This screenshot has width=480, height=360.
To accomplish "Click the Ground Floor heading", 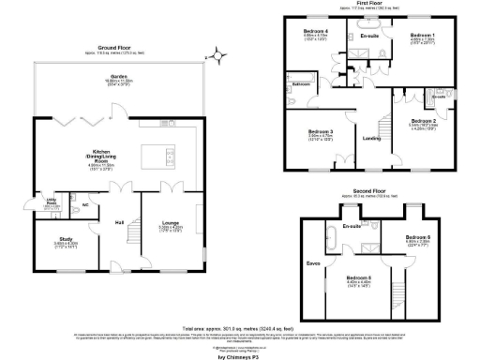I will pos(112,47).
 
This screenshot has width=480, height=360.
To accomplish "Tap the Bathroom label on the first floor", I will pos(301,84).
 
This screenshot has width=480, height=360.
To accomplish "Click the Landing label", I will pos(370,139).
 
